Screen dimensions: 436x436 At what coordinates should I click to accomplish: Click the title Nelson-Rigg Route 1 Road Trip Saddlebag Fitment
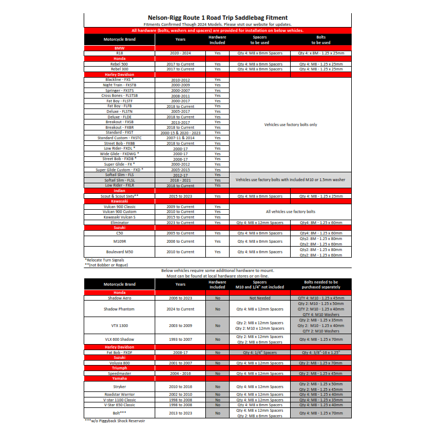pyautogui.click(x=217, y=18)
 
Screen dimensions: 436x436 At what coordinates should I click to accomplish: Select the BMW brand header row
pyautogui.click(x=119, y=48)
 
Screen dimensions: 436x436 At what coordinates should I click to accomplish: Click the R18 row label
pyautogui.click(x=119, y=53)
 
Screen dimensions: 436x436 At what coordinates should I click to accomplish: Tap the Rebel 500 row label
pyautogui.click(x=119, y=64)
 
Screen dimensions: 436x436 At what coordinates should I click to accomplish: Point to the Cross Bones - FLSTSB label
pyautogui.click(x=119, y=95)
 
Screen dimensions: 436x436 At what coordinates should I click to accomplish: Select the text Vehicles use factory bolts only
pyautogui.click(x=290, y=124)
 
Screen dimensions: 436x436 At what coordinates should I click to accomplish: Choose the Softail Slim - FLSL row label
pyautogui.click(x=119, y=180)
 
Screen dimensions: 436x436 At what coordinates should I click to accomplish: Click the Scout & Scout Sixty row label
pyautogui.click(x=119, y=196)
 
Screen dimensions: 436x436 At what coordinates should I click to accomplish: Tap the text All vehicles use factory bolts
pyautogui.click(x=290, y=211)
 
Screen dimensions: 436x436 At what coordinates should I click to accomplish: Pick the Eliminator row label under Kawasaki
pyautogui.click(x=119, y=222)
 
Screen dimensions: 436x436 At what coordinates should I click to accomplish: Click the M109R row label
pyautogui.click(x=119, y=241)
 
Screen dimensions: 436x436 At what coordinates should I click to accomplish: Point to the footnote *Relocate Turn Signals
pyautogui.click(x=104, y=260)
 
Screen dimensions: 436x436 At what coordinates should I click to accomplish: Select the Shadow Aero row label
pyautogui.click(x=119, y=298)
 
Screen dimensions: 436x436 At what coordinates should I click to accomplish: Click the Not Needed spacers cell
pyautogui.click(x=259, y=298)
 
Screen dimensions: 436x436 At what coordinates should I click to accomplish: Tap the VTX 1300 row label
pyautogui.click(x=119, y=325)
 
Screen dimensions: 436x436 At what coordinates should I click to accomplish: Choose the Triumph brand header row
pyautogui.click(x=119, y=368)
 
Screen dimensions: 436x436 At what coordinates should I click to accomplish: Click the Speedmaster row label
pyautogui.click(x=119, y=373)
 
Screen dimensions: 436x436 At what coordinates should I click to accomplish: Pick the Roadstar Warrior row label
pyautogui.click(x=119, y=394)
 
